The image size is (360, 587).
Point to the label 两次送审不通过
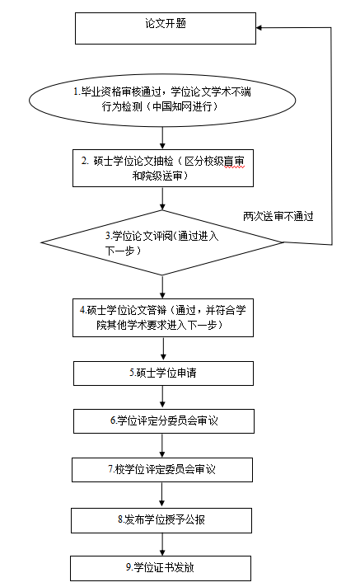click(278, 216)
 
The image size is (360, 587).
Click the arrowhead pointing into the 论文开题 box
click(259, 27)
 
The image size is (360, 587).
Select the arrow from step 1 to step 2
click(162, 138)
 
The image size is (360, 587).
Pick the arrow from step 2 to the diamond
click(162, 199)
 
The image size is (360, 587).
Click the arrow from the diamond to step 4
click(162, 287)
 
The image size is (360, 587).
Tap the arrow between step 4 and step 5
click(163, 349)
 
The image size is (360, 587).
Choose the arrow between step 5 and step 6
click(163, 397)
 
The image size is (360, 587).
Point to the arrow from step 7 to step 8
click(161, 495)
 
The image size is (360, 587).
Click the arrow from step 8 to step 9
click(162, 544)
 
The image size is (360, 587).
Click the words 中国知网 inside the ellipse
click(171, 106)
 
